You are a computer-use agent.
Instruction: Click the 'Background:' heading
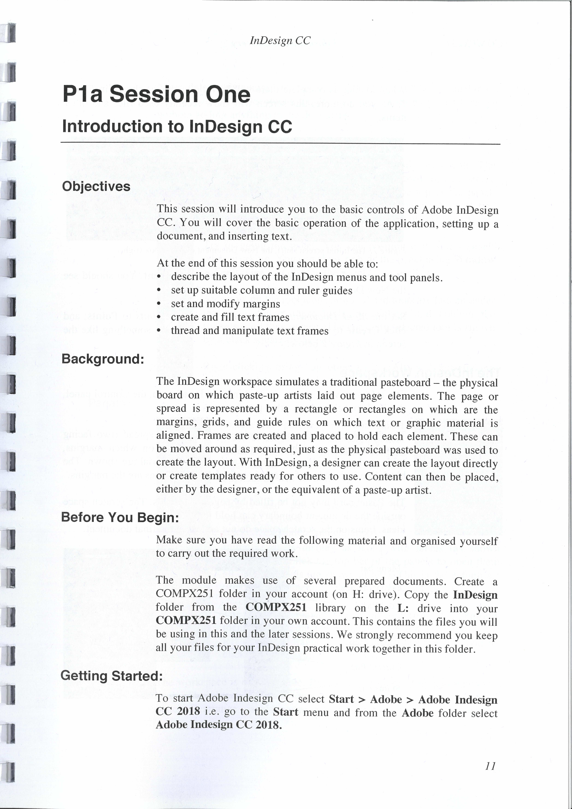pyautogui.click(x=103, y=359)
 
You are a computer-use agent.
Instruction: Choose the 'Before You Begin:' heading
pyautogui.click(x=120, y=517)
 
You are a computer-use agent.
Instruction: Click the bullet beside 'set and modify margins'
pyautogui.click(x=159, y=304)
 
